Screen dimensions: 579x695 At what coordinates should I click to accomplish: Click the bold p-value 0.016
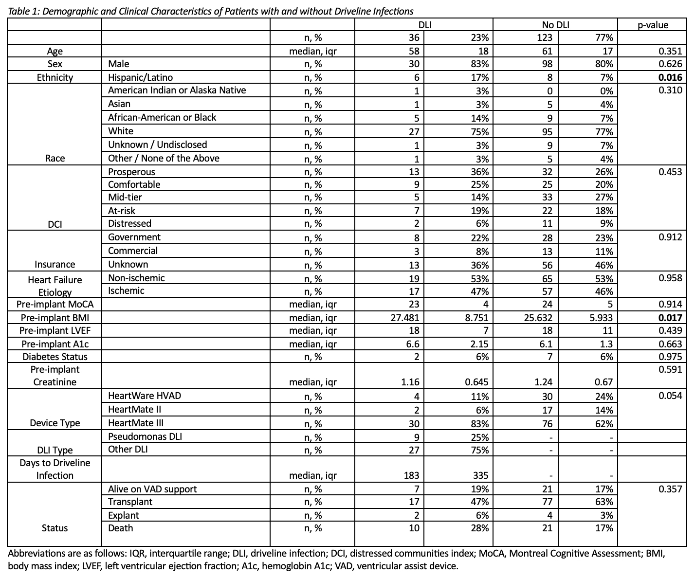tap(670, 77)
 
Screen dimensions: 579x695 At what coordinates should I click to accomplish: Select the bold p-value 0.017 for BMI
tap(670, 318)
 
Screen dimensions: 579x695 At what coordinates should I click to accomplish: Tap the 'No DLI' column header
tap(555, 25)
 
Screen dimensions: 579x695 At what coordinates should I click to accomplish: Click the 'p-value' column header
tap(653, 25)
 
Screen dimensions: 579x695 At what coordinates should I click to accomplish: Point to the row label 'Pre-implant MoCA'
tap(55, 305)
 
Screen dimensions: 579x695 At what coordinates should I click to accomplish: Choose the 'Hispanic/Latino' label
tap(140, 77)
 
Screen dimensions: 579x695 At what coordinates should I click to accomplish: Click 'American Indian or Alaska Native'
tap(177, 90)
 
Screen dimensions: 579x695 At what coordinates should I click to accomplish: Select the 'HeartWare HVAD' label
tap(145, 396)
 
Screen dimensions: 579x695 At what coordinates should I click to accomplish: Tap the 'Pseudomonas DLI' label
tap(145, 436)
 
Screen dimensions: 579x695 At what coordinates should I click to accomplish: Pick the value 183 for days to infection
tap(411, 475)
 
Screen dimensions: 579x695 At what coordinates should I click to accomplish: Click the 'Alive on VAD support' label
tap(152, 489)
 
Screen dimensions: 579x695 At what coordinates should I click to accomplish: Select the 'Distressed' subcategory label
tap(129, 223)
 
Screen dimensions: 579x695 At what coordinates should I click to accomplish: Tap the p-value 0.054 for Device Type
tap(670, 396)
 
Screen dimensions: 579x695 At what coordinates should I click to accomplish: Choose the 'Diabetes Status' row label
tap(55, 357)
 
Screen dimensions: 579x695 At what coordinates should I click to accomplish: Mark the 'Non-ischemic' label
tap(136, 278)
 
